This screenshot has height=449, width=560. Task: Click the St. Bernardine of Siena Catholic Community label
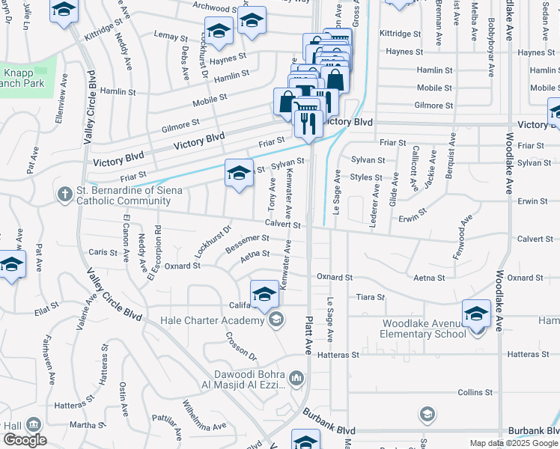click(x=119, y=195)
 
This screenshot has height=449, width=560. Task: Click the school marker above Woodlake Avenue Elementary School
click(x=476, y=314)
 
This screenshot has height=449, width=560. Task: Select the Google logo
click(x=25, y=440)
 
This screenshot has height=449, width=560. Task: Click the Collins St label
click(x=475, y=392)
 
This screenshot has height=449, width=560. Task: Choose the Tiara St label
click(x=370, y=297)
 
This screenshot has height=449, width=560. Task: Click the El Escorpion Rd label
click(x=155, y=252)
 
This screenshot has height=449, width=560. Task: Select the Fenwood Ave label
click(x=463, y=237)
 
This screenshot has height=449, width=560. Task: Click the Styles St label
click(x=366, y=177)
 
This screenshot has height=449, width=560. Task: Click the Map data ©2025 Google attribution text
click(x=513, y=443)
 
